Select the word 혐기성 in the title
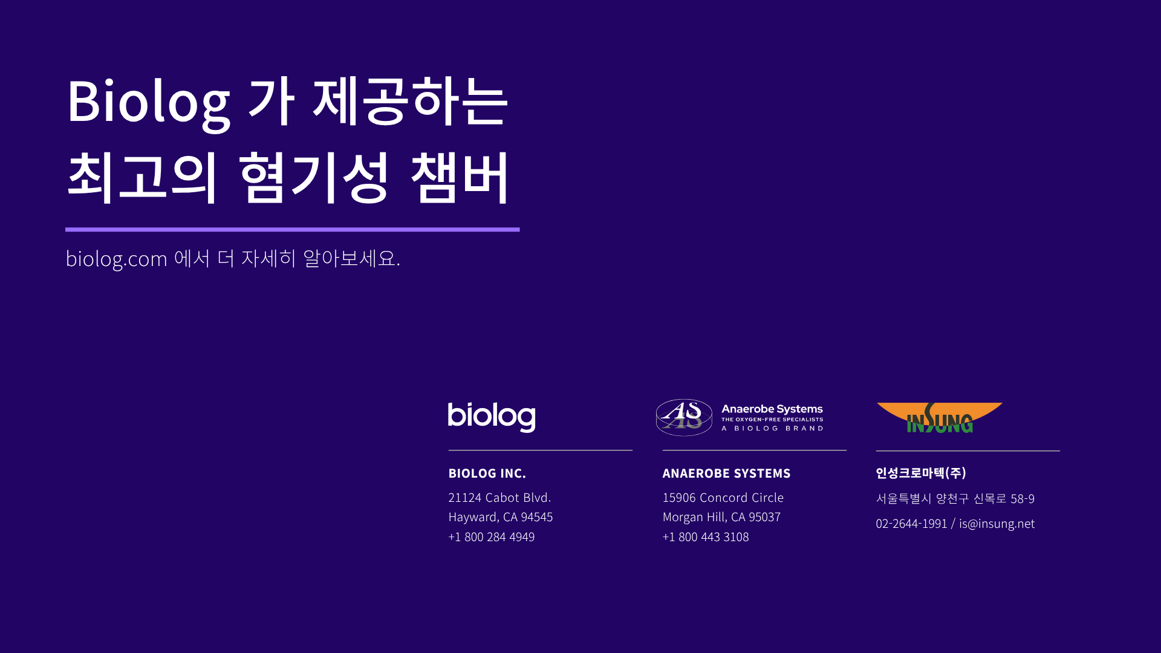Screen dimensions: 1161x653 (x=314, y=177)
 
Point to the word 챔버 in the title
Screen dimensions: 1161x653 (x=460, y=177)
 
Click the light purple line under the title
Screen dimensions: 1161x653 (x=293, y=230)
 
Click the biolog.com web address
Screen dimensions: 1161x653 (x=116, y=259)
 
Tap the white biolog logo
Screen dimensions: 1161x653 (x=492, y=417)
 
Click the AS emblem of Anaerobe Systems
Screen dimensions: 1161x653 (x=684, y=417)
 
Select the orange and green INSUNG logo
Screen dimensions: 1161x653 (x=939, y=418)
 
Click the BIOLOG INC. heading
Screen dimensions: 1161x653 (x=487, y=473)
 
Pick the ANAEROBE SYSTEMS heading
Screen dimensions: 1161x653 (x=726, y=473)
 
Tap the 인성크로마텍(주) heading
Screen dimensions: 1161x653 (x=921, y=473)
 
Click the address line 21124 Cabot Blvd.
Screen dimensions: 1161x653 (x=499, y=498)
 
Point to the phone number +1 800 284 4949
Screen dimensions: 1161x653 (x=492, y=537)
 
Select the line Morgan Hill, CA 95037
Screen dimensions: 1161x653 (x=721, y=517)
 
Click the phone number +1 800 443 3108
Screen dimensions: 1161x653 (x=706, y=537)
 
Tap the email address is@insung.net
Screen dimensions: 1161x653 (x=997, y=524)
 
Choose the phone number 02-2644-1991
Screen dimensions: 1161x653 (x=911, y=524)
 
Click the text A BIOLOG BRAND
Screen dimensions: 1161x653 (x=772, y=428)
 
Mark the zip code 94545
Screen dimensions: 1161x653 (x=537, y=517)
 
